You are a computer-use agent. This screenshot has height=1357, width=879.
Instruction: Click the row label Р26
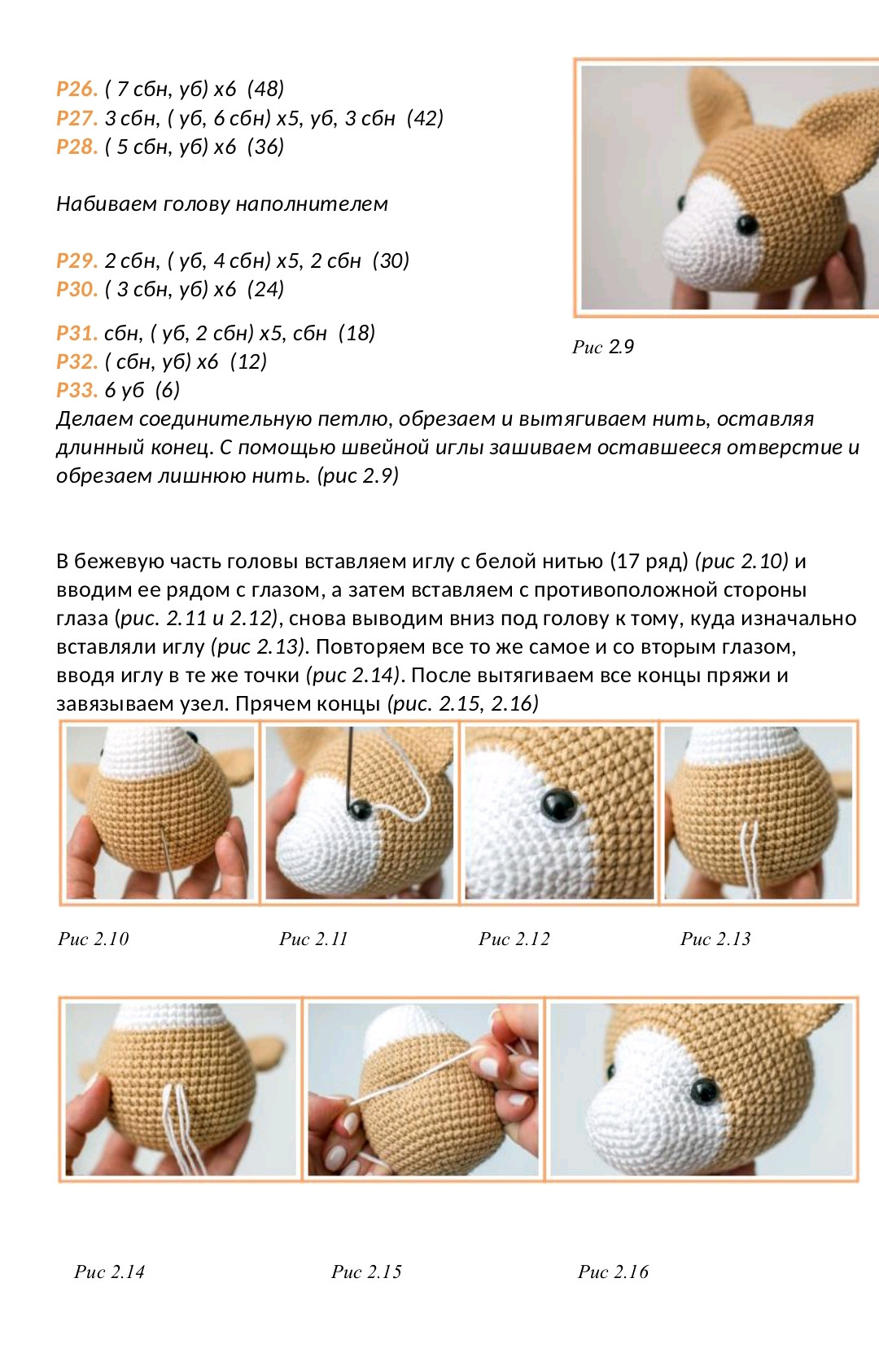click(x=77, y=89)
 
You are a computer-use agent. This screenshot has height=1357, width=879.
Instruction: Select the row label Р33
click(x=77, y=390)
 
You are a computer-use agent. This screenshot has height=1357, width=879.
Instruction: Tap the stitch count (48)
click(x=265, y=89)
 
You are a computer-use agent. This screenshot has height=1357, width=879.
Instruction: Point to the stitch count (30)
click(x=391, y=260)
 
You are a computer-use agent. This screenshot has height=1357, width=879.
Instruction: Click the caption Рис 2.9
click(x=603, y=347)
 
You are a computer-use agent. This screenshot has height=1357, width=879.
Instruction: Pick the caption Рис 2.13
click(x=715, y=939)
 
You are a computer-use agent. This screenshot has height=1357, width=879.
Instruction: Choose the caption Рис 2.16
click(x=613, y=1272)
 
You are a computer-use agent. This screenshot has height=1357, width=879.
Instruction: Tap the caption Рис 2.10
click(x=94, y=939)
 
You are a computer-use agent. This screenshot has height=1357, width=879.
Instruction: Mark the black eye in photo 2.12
click(x=560, y=804)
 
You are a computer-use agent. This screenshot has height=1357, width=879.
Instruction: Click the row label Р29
click(x=77, y=260)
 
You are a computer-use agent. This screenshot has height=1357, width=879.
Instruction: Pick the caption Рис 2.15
click(x=366, y=1272)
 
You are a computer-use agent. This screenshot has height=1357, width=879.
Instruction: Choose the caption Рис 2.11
click(x=313, y=939)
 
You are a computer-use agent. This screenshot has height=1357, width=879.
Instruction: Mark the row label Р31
click(x=77, y=333)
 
